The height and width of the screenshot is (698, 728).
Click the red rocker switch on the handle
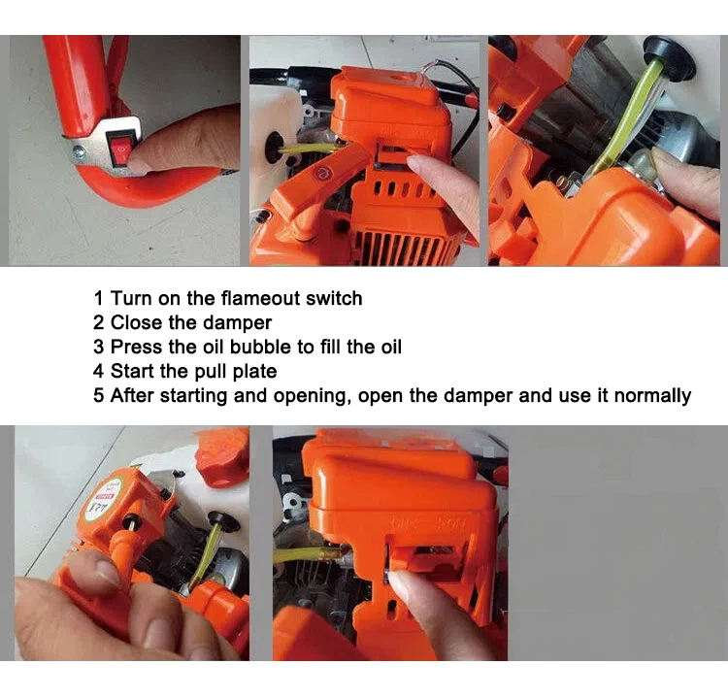(119, 148)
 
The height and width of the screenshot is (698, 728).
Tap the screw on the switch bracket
(79, 150)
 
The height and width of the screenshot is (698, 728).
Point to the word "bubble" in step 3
(260, 347)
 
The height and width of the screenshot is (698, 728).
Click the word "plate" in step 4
(254, 372)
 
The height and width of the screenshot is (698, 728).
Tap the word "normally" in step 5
(652, 396)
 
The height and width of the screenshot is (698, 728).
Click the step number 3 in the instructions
(98, 347)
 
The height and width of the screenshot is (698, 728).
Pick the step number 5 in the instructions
(98, 396)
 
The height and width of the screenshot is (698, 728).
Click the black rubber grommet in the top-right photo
(668, 56)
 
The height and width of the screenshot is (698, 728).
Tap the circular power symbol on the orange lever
(321, 174)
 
